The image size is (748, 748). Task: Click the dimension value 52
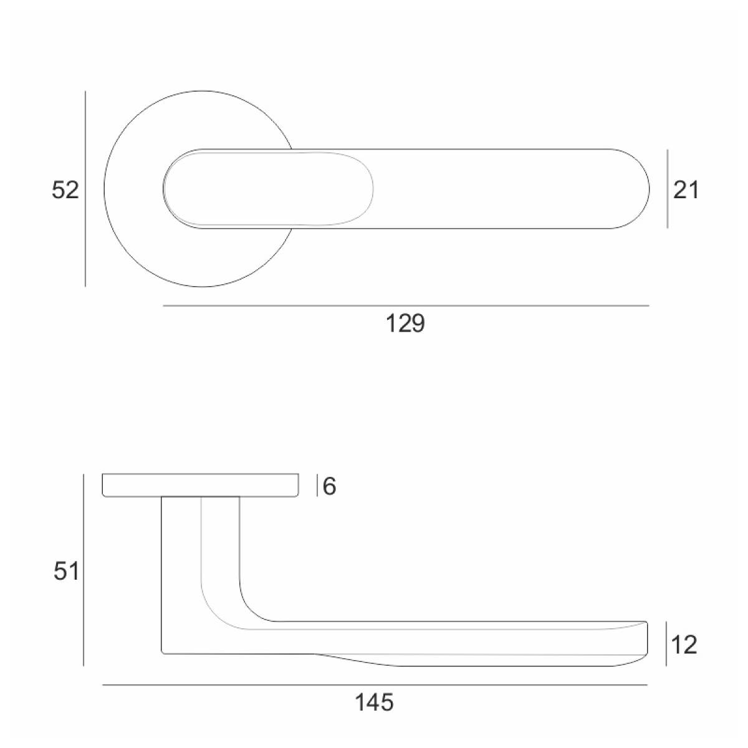point(65,190)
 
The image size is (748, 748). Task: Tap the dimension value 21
point(686,190)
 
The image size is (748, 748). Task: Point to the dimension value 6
point(329,486)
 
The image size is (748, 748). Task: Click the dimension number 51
point(66,572)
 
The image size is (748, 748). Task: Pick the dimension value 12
point(684,645)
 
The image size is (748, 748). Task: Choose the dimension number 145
point(374,702)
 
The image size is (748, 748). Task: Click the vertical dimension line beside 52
point(85,189)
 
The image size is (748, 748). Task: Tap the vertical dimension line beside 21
point(667,189)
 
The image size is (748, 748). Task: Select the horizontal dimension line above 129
point(406,306)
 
